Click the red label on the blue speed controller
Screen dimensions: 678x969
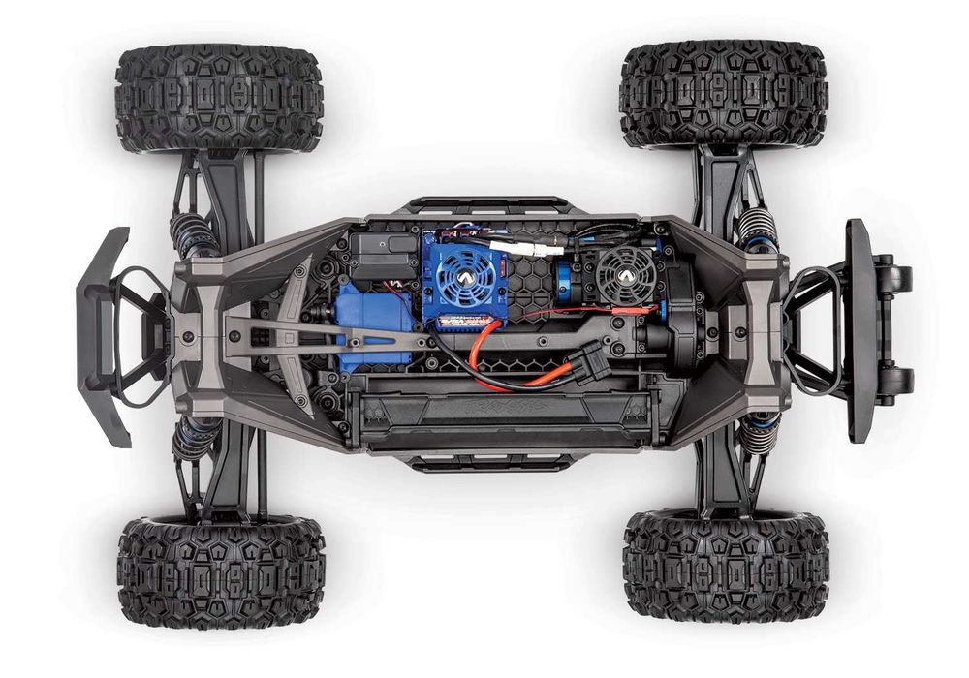pos(460,323)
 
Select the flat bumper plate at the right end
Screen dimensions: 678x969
pos(859,330)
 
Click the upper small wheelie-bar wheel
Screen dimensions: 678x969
pos(898,279)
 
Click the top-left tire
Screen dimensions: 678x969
pos(218,98)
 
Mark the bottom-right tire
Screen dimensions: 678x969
pos(726,566)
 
